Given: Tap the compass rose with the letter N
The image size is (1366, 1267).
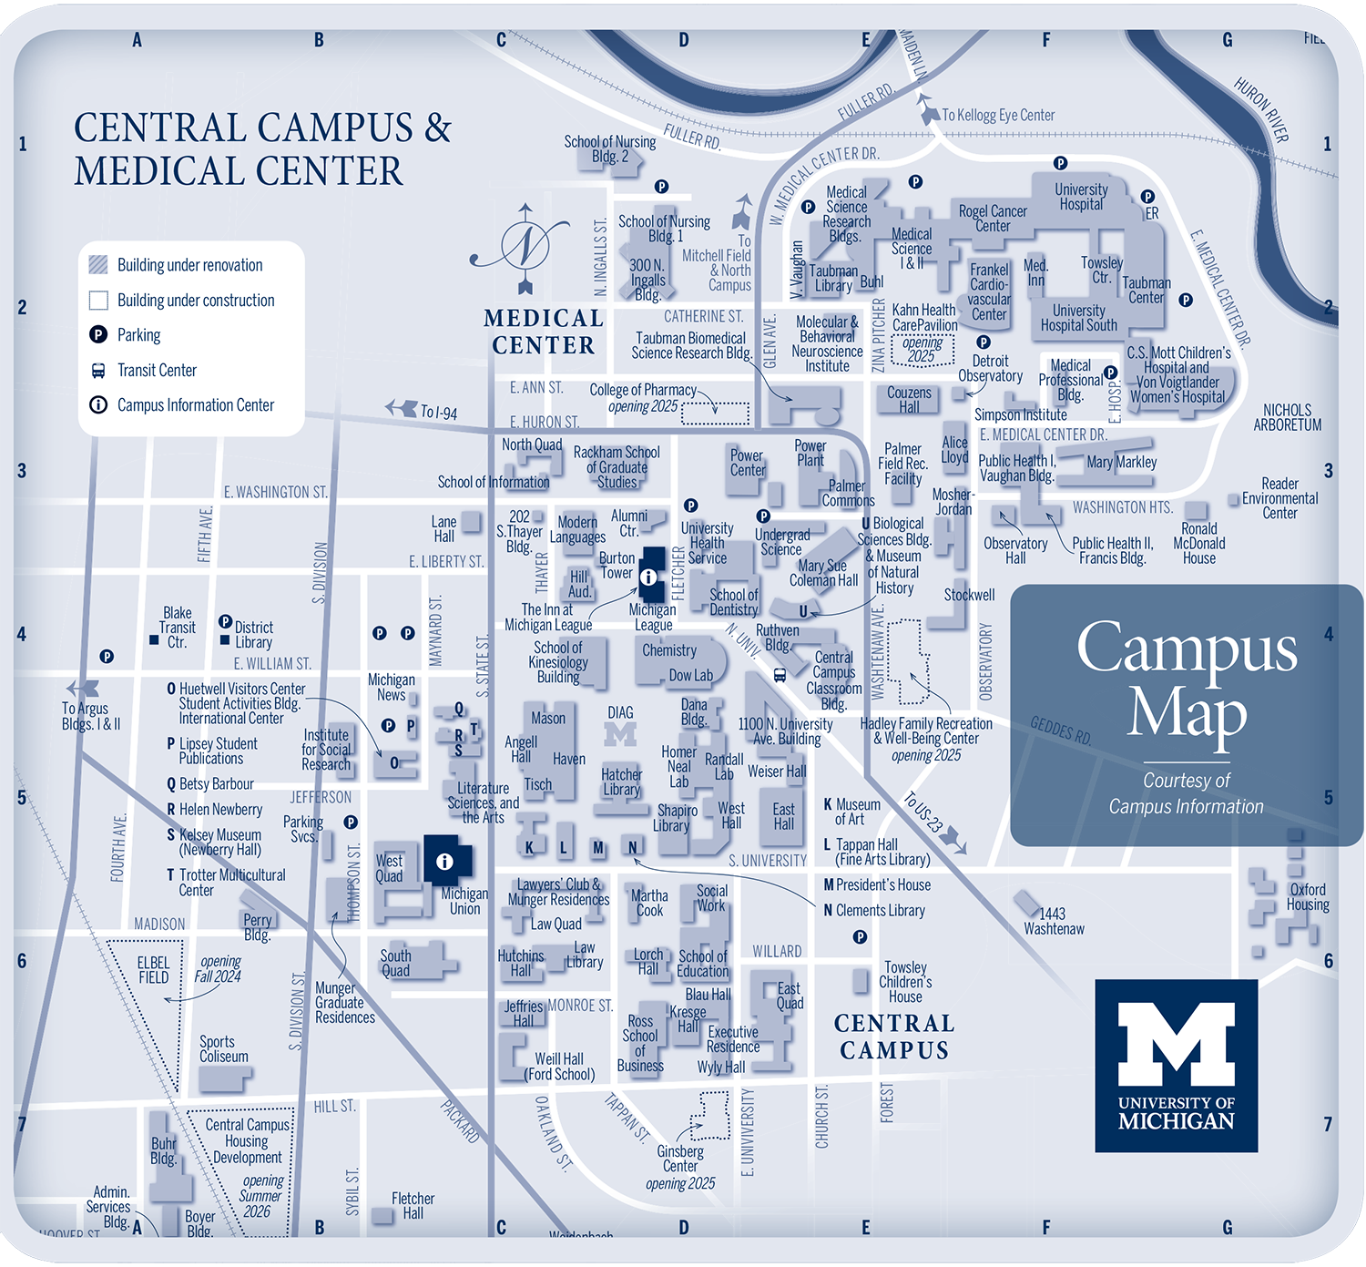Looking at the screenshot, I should [x=525, y=246].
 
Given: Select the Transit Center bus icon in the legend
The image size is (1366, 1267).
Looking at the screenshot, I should [x=98, y=371].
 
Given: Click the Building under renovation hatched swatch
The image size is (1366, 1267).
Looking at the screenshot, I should [x=98, y=265].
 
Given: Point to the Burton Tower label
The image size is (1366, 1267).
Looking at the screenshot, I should [x=617, y=565].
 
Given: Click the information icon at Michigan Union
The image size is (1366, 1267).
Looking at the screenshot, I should [x=444, y=861].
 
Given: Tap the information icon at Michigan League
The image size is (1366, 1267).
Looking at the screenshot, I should [x=648, y=577].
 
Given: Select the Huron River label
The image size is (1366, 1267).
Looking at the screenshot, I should [x=1262, y=110].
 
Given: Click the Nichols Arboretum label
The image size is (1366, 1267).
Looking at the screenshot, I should [x=1287, y=417].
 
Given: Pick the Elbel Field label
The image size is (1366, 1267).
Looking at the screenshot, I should [x=153, y=970].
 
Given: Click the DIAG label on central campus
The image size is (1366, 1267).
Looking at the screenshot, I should [x=620, y=712].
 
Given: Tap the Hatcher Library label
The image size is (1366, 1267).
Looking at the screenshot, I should [x=621, y=782].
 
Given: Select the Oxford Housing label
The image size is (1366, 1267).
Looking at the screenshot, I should [x=1308, y=897].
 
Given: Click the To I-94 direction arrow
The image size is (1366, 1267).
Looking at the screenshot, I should [x=402, y=408].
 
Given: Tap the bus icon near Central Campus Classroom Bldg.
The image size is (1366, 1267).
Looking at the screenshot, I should [x=780, y=675].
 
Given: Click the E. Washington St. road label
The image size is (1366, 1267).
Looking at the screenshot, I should [x=275, y=492].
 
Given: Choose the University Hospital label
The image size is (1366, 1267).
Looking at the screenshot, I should [x=1081, y=197].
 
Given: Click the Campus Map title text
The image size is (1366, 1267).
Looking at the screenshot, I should [x=1187, y=680].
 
